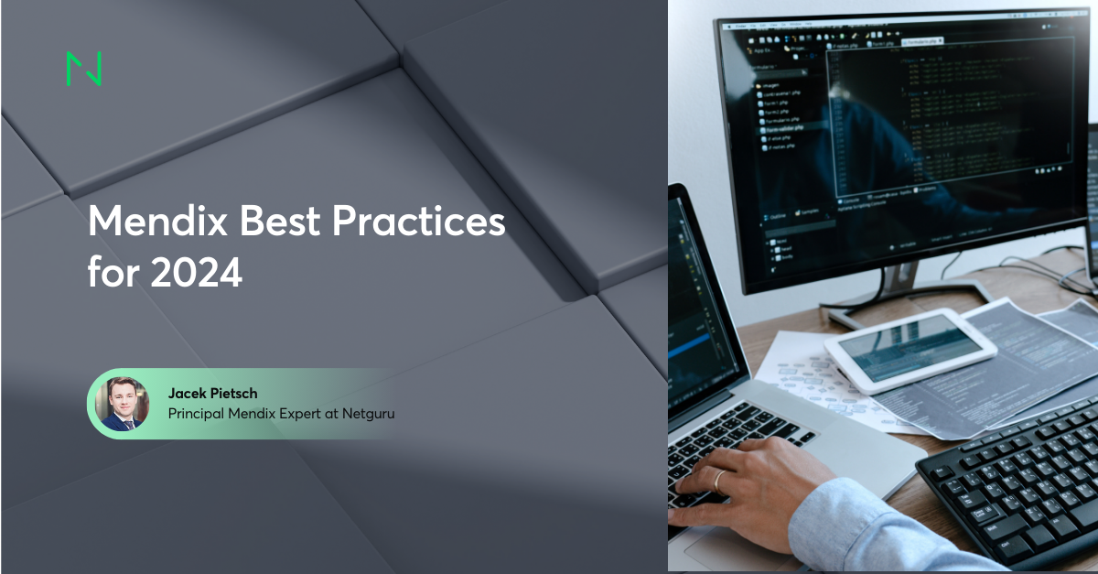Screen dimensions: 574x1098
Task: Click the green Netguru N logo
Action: click(x=83, y=70)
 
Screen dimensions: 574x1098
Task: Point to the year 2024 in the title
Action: click(x=199, y=274)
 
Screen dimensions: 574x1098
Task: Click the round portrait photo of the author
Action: click(x=123, y=403)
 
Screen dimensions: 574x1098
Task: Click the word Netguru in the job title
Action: click(x=370, y=414)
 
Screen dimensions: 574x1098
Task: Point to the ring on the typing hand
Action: click(x=720, y=479)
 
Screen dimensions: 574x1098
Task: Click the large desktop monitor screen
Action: click(x=906, y=137)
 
